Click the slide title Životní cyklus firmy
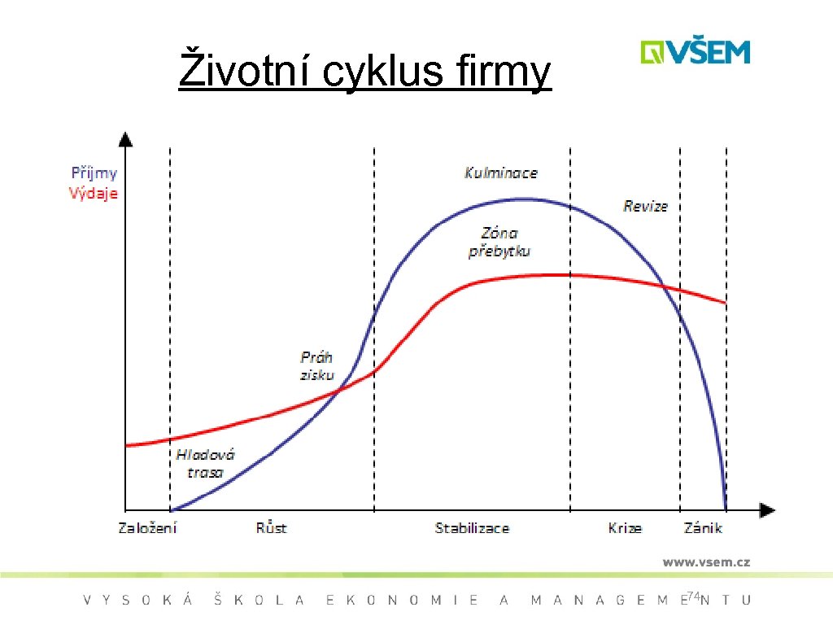click(364, 71)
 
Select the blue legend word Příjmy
click(94, 173)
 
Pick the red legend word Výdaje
click(94, 194)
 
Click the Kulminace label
click(500, 173)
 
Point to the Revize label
click(645, 206)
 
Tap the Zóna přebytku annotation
click(499, 242)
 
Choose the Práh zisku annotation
click(316, 365)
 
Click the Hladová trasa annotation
click(205, 463)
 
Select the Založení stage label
click(147, 528)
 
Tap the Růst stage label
click(271, 528)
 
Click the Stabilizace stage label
click(472, 528)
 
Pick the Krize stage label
click(625, 528)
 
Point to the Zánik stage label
click(703, 528)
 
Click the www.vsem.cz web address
click(705, 562)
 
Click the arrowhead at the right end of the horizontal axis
click(767, 510)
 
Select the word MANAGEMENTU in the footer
click(641, 601)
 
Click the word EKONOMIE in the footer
click(402, 601)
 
